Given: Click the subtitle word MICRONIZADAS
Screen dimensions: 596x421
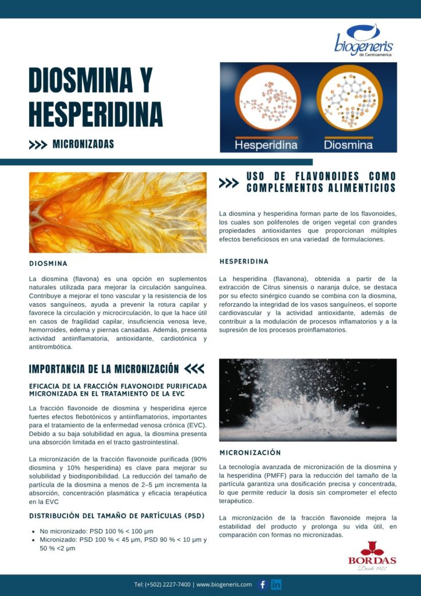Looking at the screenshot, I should tap(83, 144).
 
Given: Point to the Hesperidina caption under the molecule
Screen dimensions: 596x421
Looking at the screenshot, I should tap(266, 144).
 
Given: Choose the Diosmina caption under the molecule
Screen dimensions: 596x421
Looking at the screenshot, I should tap(348, 144).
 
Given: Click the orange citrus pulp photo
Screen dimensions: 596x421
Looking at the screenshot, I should tap(117, 212).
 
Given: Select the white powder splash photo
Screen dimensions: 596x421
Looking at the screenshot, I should tap(308, 399).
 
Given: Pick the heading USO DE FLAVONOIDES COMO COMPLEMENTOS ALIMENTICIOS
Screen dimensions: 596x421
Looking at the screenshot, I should tap(321, 182).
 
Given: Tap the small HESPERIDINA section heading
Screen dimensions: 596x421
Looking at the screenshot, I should tap(244, 261).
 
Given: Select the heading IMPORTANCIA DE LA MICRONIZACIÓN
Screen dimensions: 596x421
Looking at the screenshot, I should tap(104, 369).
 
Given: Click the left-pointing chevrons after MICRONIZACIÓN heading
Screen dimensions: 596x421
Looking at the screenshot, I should tap(194, 369).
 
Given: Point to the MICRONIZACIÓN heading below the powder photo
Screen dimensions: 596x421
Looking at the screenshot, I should tap(250, 452).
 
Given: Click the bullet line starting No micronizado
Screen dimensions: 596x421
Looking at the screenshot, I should tap(97, 531).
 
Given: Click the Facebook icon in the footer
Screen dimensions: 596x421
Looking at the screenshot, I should tap(262, 584).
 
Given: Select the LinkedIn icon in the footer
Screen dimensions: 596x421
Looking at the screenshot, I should tap(276, 584).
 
